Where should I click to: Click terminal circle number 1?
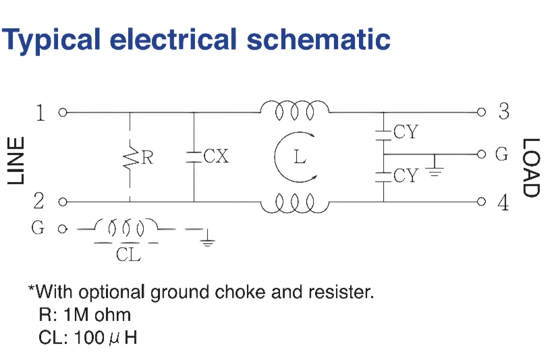click(63, 113)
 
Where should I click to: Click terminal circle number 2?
click(63, 202)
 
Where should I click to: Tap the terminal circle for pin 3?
click(481, 113)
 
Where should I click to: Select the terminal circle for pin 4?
click(481, 202)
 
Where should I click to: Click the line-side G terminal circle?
click(63, 229)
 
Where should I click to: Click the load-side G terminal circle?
click(481, 154)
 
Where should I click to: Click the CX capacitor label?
click(216, 156)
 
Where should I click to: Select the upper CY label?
click(406, 131)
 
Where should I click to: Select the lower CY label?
click(406, 175)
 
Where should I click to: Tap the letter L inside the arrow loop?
click(300, 156)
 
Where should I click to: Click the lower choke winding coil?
click(295, 204)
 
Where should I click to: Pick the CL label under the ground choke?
click(128, 254)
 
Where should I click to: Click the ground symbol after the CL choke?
click(207, 239)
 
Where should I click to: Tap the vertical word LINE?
click(16, 161)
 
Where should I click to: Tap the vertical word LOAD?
click(531, 167)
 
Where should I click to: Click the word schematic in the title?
click(318, 38)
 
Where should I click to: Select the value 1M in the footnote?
click(78, 315)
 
